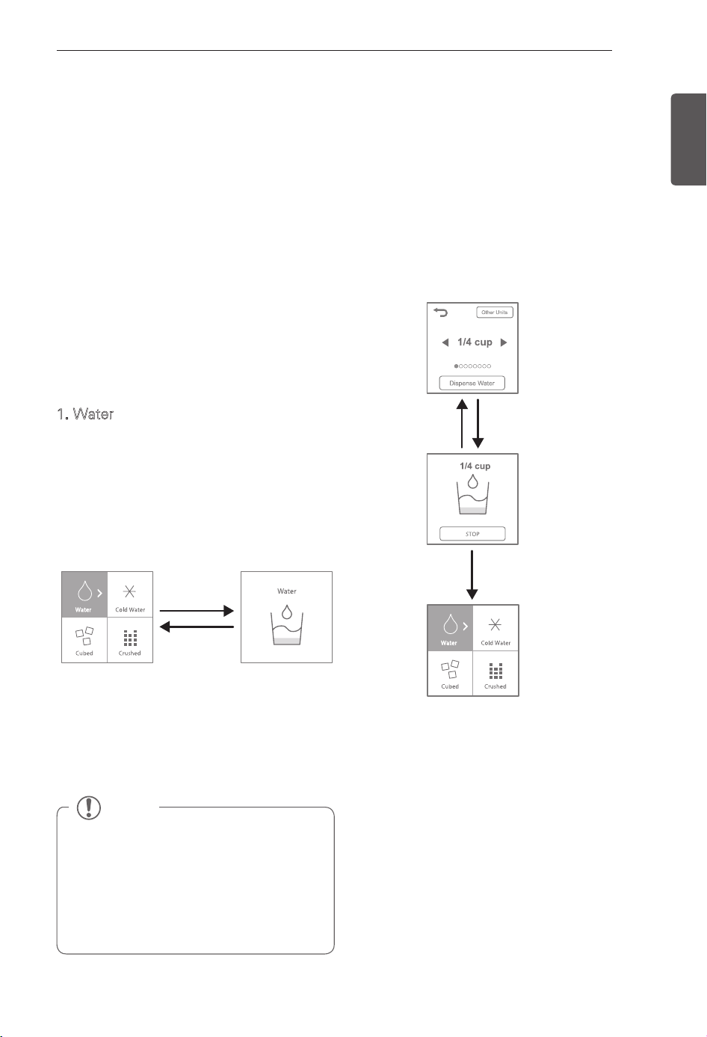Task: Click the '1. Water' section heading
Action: [x=86, y=414]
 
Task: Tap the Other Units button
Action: [x=495, y=313]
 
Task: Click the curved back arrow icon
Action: [x=440, y=313]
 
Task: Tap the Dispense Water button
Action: [x=472, y=384]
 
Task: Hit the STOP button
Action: [x=472, y=534]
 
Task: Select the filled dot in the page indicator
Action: [x=456, y=366]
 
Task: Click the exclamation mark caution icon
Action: [x=88, y=807]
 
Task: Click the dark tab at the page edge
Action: [x=688, y=139]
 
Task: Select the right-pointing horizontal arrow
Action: [x=197, y=611]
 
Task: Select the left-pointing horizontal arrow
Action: [x=197, y=627]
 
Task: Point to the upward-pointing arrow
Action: [x=462, y=423]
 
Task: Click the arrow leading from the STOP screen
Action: [x=472, y=575]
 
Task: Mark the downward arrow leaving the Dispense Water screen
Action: [x=478, y=423]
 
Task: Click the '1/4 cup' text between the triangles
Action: [x=475, y=342]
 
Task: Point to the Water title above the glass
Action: [x=287, y=591]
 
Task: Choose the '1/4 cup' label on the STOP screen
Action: [x=475, y=466]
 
